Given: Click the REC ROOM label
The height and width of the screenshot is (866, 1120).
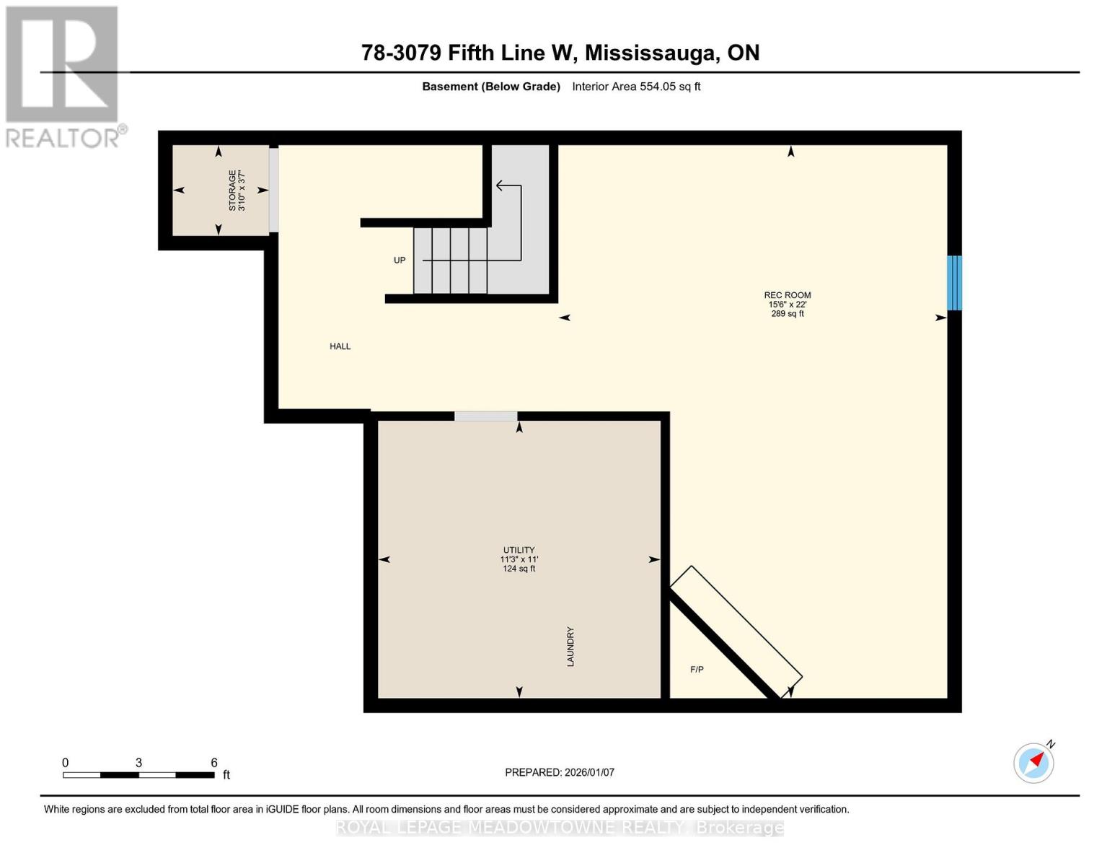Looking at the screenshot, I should point(788,295).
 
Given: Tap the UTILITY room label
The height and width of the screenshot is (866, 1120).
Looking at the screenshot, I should point(519,550).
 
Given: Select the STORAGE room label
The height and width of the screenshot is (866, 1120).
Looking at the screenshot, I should point(232,190).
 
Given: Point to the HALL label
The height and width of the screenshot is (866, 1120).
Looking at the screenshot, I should point(340,346).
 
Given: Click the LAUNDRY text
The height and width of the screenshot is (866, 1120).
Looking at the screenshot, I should point(570,647).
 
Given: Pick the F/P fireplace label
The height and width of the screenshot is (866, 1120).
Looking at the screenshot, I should point(697,670).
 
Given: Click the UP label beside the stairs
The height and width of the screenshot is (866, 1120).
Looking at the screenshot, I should point(400,261).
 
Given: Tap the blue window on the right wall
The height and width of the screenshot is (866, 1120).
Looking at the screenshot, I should point(954,283).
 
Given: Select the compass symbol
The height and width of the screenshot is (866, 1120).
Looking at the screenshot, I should point(1033,763).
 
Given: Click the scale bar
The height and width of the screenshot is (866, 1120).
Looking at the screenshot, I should point(138,775).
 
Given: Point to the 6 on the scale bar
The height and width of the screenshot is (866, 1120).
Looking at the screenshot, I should point(214,763).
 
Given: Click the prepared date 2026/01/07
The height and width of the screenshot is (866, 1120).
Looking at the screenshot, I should point(560,772).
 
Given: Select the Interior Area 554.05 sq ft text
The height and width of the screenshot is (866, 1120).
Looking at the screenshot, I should point(636,87).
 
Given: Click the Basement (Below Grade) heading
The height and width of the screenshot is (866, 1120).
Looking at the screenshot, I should point(491,87).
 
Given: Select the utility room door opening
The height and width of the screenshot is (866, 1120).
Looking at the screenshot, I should point(486,416).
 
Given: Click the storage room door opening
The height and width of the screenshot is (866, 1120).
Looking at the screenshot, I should point(274,190).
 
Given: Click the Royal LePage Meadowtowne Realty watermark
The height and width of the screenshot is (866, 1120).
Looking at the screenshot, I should point(560,828).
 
